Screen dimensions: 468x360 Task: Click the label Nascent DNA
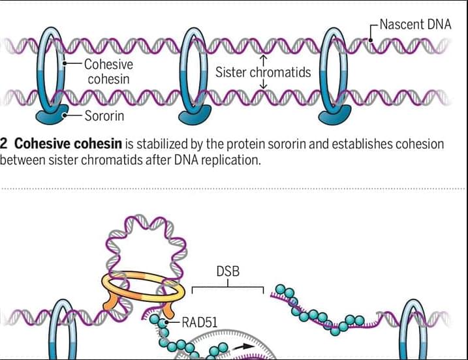point(415,25)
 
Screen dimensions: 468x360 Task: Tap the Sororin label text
point(104,115)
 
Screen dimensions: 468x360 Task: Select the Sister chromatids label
point(263,72)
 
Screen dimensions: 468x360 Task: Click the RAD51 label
point(199,322)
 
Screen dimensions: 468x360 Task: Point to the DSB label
point(228,271)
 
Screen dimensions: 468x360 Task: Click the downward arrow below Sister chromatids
point(263,84)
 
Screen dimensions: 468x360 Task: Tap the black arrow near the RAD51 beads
point(243,346)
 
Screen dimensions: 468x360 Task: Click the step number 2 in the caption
point(3,143)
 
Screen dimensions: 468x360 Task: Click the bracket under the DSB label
point(228,287)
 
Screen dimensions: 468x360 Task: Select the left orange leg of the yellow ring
point(110,301)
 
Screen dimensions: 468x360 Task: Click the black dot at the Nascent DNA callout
point(371,40)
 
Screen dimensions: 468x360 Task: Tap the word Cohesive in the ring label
point(108,65)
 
